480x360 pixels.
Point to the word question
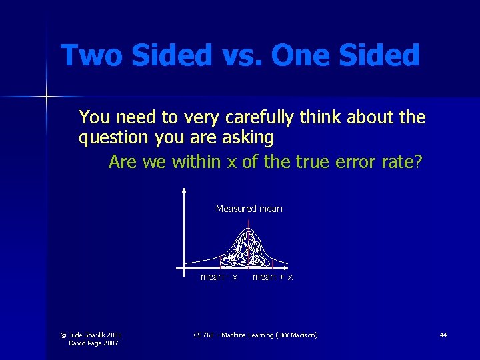click(x=114, y=139)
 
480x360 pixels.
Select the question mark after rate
click(x=418, y=162)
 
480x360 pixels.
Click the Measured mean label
click(x=249, y=209)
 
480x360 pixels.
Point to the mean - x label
click(x=219, y=277)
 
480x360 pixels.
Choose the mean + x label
click(x=273, y=277)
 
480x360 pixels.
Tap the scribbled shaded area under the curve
click(x=247, y=248)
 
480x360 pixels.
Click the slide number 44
click(x=443, y=335)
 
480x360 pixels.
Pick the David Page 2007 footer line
click(x=93, y=343)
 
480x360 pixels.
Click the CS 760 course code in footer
click(x=204, y=335)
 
